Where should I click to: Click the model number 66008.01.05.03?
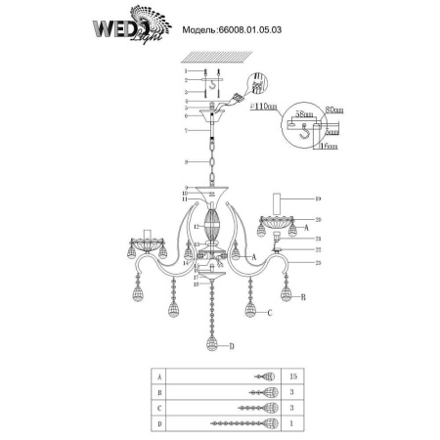tap(238, 30)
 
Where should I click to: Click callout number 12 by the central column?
tap(197, 226)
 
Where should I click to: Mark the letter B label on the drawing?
tap(304, 294)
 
